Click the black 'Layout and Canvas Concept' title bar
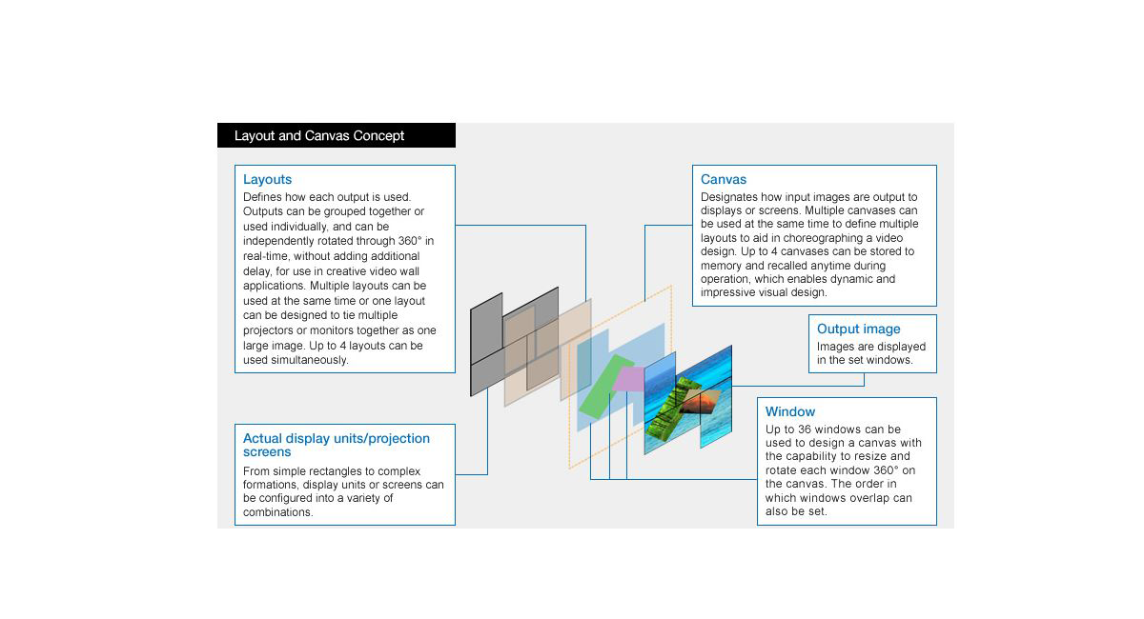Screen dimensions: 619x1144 (x=336, y=135)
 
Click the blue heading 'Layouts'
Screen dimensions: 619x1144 (x=267, y=179)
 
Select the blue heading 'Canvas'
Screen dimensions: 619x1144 (x=724, y=179)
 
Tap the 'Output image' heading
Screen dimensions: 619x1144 (x=858, y=329)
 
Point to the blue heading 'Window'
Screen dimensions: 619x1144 (x=790, y=411)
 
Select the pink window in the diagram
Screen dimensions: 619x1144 (x=629, y=379)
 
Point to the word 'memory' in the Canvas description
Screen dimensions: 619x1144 (x=725, y=266)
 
